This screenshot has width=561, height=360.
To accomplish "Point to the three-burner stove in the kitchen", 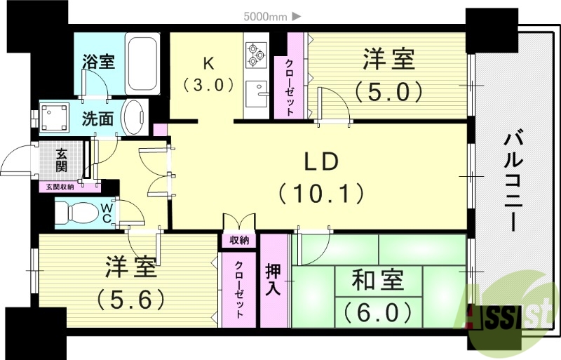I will [255, 53].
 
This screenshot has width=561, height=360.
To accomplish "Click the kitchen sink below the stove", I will [257, 94].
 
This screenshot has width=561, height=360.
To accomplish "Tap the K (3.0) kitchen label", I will [208, 73].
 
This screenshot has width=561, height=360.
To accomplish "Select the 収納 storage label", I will [239, 240].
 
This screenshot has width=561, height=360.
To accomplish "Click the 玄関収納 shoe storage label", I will [62, 187].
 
